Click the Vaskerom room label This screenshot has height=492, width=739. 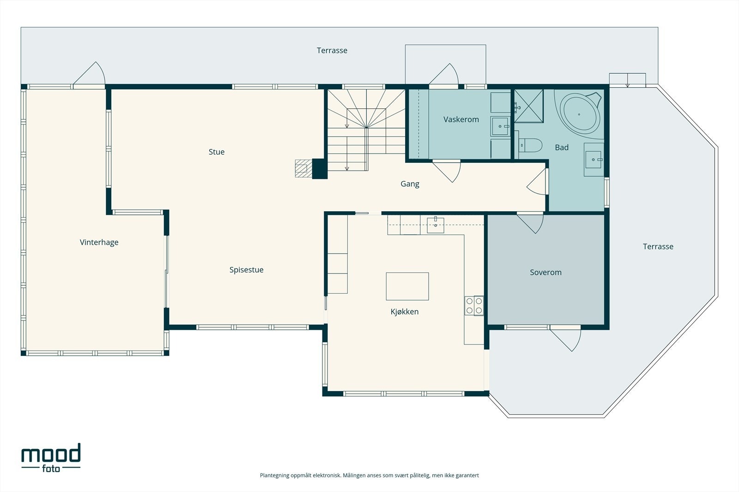461,119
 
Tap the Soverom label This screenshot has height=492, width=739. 545,273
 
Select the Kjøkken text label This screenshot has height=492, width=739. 405,312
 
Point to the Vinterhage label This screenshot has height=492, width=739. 99,243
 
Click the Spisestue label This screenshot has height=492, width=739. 247,270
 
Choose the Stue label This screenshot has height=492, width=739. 217,152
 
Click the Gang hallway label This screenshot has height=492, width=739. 410,184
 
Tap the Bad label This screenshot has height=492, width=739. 562,148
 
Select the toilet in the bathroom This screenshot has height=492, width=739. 531,145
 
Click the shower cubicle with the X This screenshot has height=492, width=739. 529,106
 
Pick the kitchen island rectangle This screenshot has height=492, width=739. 407,286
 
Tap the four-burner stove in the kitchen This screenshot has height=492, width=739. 474,306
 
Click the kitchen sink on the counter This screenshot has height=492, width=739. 436,225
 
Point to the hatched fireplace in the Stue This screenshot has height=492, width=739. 303,168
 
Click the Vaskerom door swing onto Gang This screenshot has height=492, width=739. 446,171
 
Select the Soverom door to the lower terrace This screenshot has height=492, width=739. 565,339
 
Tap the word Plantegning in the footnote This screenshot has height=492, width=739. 274,475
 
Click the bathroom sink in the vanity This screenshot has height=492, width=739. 593,160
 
